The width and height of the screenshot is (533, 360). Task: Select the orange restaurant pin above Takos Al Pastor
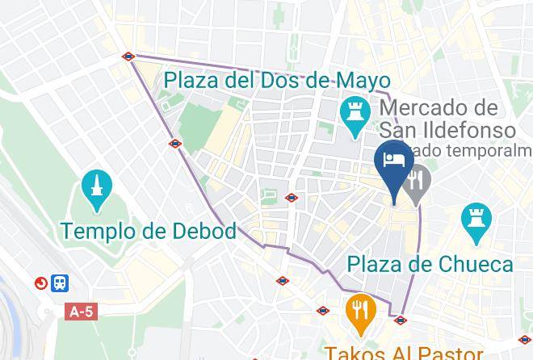pyautogui.click(x=358, y=309)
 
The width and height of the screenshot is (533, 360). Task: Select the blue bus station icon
pyautogui.click(x=60, y=283)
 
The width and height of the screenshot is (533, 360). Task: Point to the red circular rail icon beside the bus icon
pyautogui.click(x=40, y=283)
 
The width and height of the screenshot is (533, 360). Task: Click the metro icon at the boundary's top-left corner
pyautogui.click(x=128, y=57)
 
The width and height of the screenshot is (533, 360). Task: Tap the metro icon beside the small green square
pyautogui.click(x=292, y=198)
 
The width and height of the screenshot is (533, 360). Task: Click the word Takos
pyautogui.click(x=352, y=351)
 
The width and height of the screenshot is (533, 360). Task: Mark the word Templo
pyautogui.click(x=99, y=232)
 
